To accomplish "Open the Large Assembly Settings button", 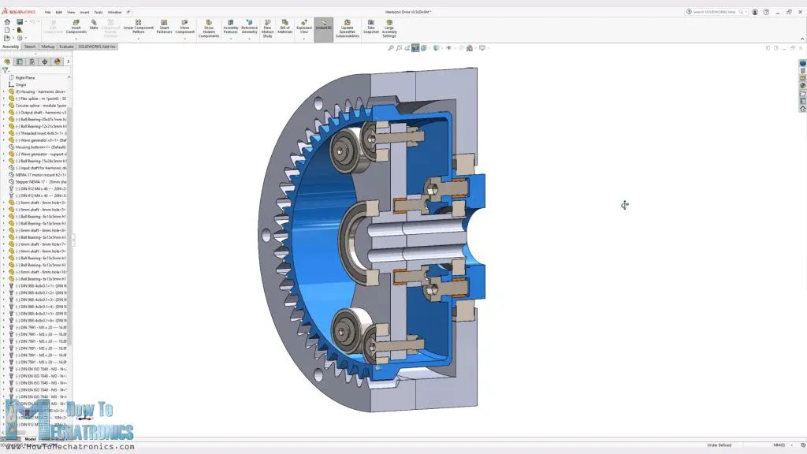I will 389,28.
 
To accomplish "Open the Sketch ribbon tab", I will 30,47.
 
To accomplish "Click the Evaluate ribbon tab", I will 66,47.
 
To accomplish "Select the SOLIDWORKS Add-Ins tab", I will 97,47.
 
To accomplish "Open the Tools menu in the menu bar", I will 98,13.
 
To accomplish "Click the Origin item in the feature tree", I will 21,84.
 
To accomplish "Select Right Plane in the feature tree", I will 25,77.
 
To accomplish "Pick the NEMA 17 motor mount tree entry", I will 39,175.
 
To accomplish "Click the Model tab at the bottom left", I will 30,439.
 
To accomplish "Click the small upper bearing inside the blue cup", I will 345,147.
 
